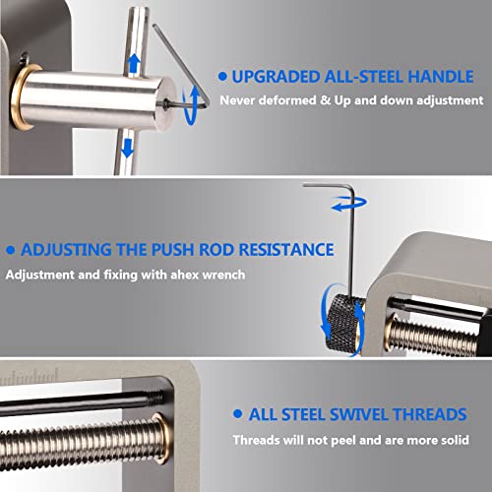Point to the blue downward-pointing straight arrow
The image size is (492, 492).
[x=127, y=146]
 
